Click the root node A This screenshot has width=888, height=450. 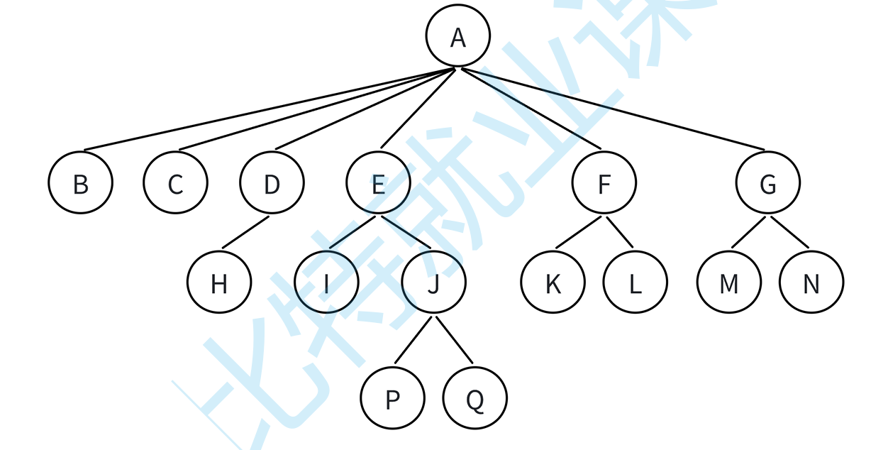[x=458, y=38]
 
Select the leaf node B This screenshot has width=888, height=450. [x=81, y=184]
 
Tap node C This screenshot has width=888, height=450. [x=175, y=184]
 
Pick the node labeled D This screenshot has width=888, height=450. [x=272, y=184]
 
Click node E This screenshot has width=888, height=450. [x=378, y=184]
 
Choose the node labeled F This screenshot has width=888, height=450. [x=604, y=184]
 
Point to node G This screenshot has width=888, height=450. [x=768, y=184]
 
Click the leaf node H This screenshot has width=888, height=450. [x=219, y=283]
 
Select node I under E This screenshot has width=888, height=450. [x=326, y=283]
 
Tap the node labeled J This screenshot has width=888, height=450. [x=434, y=283]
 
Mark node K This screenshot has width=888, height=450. [x=553, y=283]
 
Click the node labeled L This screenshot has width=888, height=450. [x=636, y=283]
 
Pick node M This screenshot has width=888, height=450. [x=729, y=283]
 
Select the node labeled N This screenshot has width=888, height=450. [x=811, y=283]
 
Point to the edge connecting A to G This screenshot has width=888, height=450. [x=614, y=109]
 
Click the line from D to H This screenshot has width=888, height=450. [x=246, y=232]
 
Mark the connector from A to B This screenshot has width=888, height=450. [x=270, y=109]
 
